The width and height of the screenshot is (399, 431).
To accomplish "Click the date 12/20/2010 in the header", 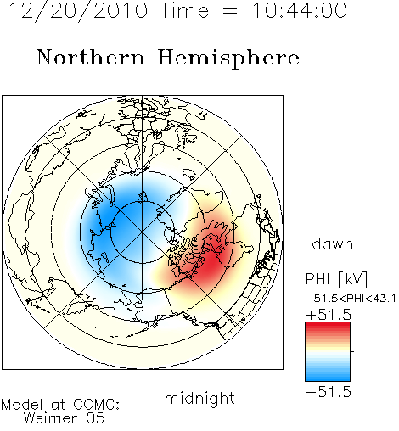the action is coord(79,11).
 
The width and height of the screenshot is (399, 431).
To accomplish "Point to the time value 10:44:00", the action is coord(300,10).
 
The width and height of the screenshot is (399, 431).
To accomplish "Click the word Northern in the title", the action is coord(91,57).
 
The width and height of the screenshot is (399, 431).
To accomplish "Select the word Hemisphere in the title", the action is coord(228,59).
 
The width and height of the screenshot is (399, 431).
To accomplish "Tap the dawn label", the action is coord(333,243).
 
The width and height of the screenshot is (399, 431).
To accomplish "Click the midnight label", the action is coord(199,399).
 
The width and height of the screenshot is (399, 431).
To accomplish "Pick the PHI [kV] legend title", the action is coord(336,279).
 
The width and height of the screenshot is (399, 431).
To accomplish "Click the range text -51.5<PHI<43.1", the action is coord(351,299).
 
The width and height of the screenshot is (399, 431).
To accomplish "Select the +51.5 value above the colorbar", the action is coord(329,315).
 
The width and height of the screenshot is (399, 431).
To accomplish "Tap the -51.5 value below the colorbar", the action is coord(329,392).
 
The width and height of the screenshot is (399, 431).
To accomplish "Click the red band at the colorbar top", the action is coord(328,326).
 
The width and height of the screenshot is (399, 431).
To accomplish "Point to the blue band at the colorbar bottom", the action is coord(328,378).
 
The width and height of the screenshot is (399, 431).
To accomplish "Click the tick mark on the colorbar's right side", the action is coord(352,351).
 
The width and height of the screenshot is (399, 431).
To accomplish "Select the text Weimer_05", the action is coord(65,417).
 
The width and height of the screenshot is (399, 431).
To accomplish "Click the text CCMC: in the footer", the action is coord(97,404).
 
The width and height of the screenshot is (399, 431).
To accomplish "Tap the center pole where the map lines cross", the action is coord(143,232).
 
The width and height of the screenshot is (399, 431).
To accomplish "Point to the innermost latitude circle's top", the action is coord(143,202).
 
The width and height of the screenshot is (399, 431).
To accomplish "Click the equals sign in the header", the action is coord(230,11).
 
